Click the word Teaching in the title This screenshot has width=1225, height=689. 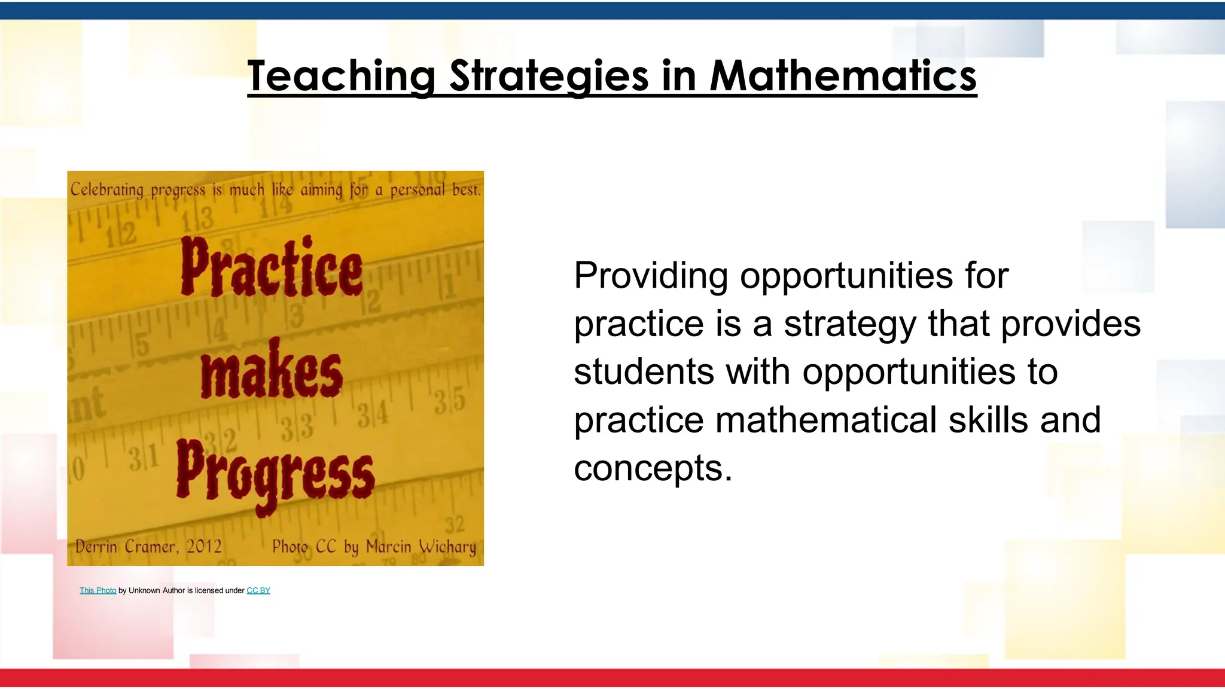342,76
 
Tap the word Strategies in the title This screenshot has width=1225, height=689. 548,76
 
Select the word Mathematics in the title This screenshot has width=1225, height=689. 843,76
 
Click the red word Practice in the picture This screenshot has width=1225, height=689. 272,268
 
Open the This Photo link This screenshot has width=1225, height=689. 98,590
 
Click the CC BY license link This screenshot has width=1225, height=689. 258,590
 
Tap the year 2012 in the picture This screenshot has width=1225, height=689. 204,546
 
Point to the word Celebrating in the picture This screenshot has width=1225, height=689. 107,190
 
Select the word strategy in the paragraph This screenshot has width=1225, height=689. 849,325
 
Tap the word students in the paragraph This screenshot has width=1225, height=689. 644,371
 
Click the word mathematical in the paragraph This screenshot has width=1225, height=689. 825,419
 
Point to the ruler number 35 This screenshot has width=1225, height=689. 450,401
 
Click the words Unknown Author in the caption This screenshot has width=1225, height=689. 157,590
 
